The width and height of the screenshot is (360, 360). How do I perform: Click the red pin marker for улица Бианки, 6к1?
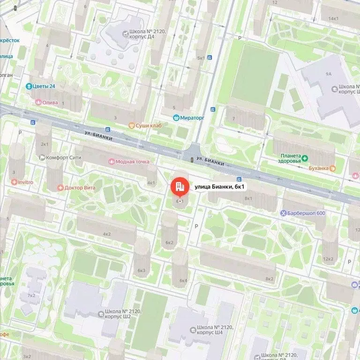[178, 187]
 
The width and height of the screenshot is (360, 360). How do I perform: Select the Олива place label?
[47, 102]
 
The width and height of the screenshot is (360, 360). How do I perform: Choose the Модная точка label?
[129, 162]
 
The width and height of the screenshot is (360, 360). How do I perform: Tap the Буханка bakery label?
[320, 168]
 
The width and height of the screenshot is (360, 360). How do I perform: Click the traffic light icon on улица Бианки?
[192, 160]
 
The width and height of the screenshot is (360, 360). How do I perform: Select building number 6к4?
[183, 281]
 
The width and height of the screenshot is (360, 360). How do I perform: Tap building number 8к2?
[269, 279]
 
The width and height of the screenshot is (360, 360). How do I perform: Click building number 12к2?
[329, 259]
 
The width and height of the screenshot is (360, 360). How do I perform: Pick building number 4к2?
[106, 233]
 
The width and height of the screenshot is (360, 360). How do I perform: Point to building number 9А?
[328, 74]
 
